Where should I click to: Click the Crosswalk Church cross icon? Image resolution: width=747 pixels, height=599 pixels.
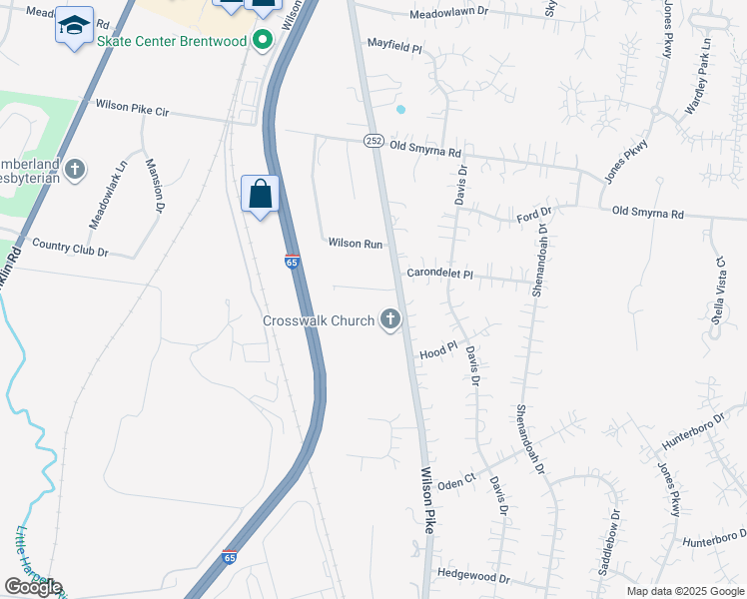click(x=389, y=320)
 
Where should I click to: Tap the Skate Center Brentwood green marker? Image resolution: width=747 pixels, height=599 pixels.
click(x=263, y=41)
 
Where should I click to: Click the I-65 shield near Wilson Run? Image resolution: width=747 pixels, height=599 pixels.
click(x=292, y=262)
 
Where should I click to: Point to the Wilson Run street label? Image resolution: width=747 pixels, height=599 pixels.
click(x=357, y=244)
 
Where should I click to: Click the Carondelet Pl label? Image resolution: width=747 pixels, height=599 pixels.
click(x=445, y=274)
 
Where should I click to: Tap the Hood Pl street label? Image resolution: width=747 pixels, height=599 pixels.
click(x=437, y=353)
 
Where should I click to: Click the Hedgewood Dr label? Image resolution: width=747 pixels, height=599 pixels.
click(x=473, y=578)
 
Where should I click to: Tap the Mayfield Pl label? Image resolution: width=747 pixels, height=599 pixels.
click(x=395, y=46)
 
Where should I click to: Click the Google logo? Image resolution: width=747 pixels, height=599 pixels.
click(x=33, y=587)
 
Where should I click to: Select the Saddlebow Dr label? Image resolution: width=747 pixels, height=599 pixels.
click(x=610, y=543)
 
